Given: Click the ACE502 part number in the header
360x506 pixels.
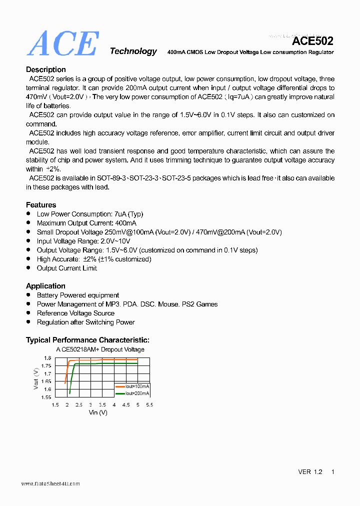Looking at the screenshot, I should pyautogui.click(x=312, y=41).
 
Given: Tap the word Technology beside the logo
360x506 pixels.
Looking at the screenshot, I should pyautogui.click(x=133, y=51).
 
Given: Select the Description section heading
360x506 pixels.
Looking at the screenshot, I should pyautogui.click(x=46, y=69).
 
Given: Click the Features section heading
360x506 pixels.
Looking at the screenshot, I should pyautogui.click(x=41, y=204).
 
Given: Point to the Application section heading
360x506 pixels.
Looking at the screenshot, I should pyautogui.click(x=45, y=286).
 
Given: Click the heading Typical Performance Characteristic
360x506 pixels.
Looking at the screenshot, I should pyautogui.click(x=87, y=340).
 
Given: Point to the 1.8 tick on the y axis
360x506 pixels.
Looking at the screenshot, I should pyautogui.click(x=47, y=358).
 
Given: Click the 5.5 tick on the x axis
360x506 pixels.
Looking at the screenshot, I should pyautogui.click(x=148, y=404).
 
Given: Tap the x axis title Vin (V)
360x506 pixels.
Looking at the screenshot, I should pyautogui.click(x=98, y=412).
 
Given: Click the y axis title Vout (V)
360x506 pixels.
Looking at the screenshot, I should pyautogui.click(x=36, y=378).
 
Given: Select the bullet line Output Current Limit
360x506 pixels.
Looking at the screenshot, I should pyautogui.click(x=67, y=268).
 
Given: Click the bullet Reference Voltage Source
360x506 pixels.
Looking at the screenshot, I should pyautogui.click(x=75, y=313).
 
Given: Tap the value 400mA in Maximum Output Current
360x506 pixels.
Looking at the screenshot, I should pyautogui.click(x=126, y=223).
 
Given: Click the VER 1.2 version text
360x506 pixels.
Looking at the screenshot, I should pyautogui.click(x=310, y=472).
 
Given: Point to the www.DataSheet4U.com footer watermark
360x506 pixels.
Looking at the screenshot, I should pyautogui.click(x=50, y=483).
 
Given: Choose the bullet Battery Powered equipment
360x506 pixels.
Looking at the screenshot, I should pyautogui.click(x=78, y=295).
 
